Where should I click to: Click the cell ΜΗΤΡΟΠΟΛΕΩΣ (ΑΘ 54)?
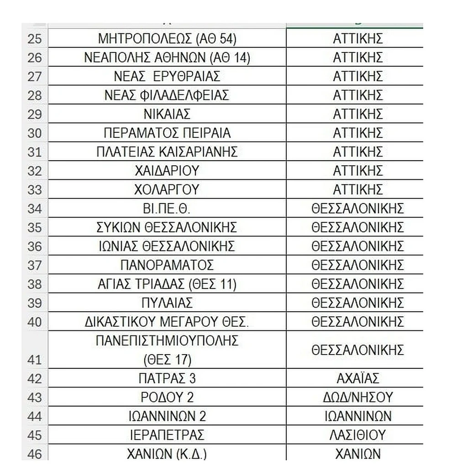click(167, 39)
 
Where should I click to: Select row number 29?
click(35, 115)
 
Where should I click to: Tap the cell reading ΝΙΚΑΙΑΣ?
click(167, 115)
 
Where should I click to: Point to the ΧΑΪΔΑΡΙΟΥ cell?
click(167, 171)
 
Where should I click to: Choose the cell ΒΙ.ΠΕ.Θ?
click(167, 209)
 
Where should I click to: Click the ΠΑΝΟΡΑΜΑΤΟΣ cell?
click(167, 265)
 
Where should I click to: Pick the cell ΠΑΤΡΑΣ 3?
click(167, 378)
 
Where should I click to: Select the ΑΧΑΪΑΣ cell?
click(357, 378)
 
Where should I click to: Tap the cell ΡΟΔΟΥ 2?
click(167, 397)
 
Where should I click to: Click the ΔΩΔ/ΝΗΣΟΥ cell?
click(357, 397)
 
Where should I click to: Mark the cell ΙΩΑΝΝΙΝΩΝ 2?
click(167, 416)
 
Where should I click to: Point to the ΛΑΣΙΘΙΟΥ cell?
click(357, 435)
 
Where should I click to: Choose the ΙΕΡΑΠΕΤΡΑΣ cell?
click(167, 435)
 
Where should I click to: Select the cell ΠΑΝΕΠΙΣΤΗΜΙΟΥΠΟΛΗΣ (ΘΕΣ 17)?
click(167, 350)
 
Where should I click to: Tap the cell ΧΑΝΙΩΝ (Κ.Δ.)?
click(167, 454)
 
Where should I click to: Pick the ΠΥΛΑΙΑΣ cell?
click(167, 303)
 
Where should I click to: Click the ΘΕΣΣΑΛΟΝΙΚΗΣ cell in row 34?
click(357, 209)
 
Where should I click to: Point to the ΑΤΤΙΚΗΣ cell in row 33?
click(357, 190)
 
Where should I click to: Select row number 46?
click(35, 454)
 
